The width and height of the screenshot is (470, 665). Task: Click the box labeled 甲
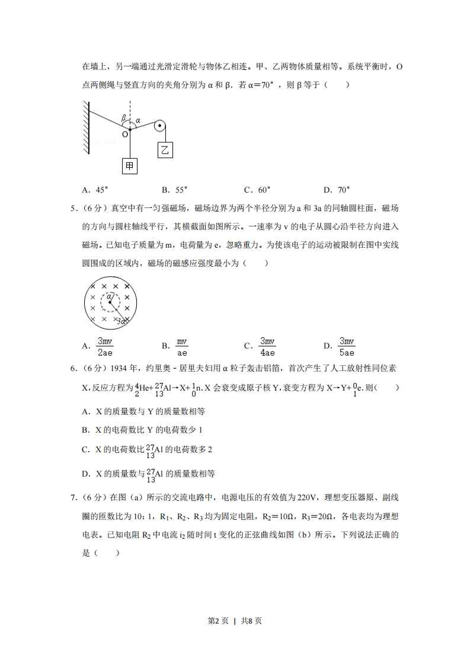pyautogui.click(x=130, y=167)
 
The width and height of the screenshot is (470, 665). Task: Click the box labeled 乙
pyautogui.click(x=165, y=150)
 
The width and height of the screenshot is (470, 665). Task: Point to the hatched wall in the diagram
pyautogui.click(x=86, y=127)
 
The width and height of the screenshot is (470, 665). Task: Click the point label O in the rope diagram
pyautogui.click(x=125, y=135)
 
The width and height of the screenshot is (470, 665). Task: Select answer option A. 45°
pyautogui.click(x=95, y=190)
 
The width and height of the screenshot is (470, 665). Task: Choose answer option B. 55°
pyautogui.click(x=174, y=190)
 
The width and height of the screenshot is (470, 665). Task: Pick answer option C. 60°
pyautogui.click(x=257, y=190)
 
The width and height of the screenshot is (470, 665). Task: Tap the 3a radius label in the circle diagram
pyautogui.click(x=122, y=321)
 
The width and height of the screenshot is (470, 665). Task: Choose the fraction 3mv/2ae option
pyautogui.click(x=104, y=346)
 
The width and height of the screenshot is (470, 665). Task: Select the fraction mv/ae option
pyautogui.click(x=182, y=346)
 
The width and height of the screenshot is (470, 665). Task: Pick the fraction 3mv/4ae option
pyautogui.click(x=267, y=346)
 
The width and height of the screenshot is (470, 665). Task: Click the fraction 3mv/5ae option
pyautogui.click(x=346, y=346)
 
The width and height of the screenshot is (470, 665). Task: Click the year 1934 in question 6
pyautogui.click(x=116, y=369)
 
